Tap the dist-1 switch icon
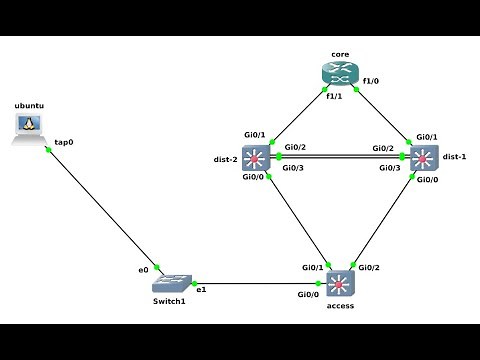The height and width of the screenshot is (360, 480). (x=424, y=159)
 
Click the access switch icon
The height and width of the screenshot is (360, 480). (x=341, y=284)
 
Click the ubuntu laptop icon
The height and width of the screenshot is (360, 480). (x=29, y=128)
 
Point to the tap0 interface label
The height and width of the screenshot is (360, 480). (x=64, y=142)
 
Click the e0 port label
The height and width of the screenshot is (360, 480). (x=143, y=270)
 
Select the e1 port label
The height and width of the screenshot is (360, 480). (x=201, y=290)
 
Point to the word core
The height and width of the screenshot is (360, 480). (x=340, y=52)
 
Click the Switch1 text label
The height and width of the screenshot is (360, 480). (x=169, y=302)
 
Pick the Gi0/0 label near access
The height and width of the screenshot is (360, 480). (x=308, y=295)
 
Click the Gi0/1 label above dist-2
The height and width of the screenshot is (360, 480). (x=255, y=135)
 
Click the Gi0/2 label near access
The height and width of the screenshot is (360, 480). (x=369, y=268)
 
